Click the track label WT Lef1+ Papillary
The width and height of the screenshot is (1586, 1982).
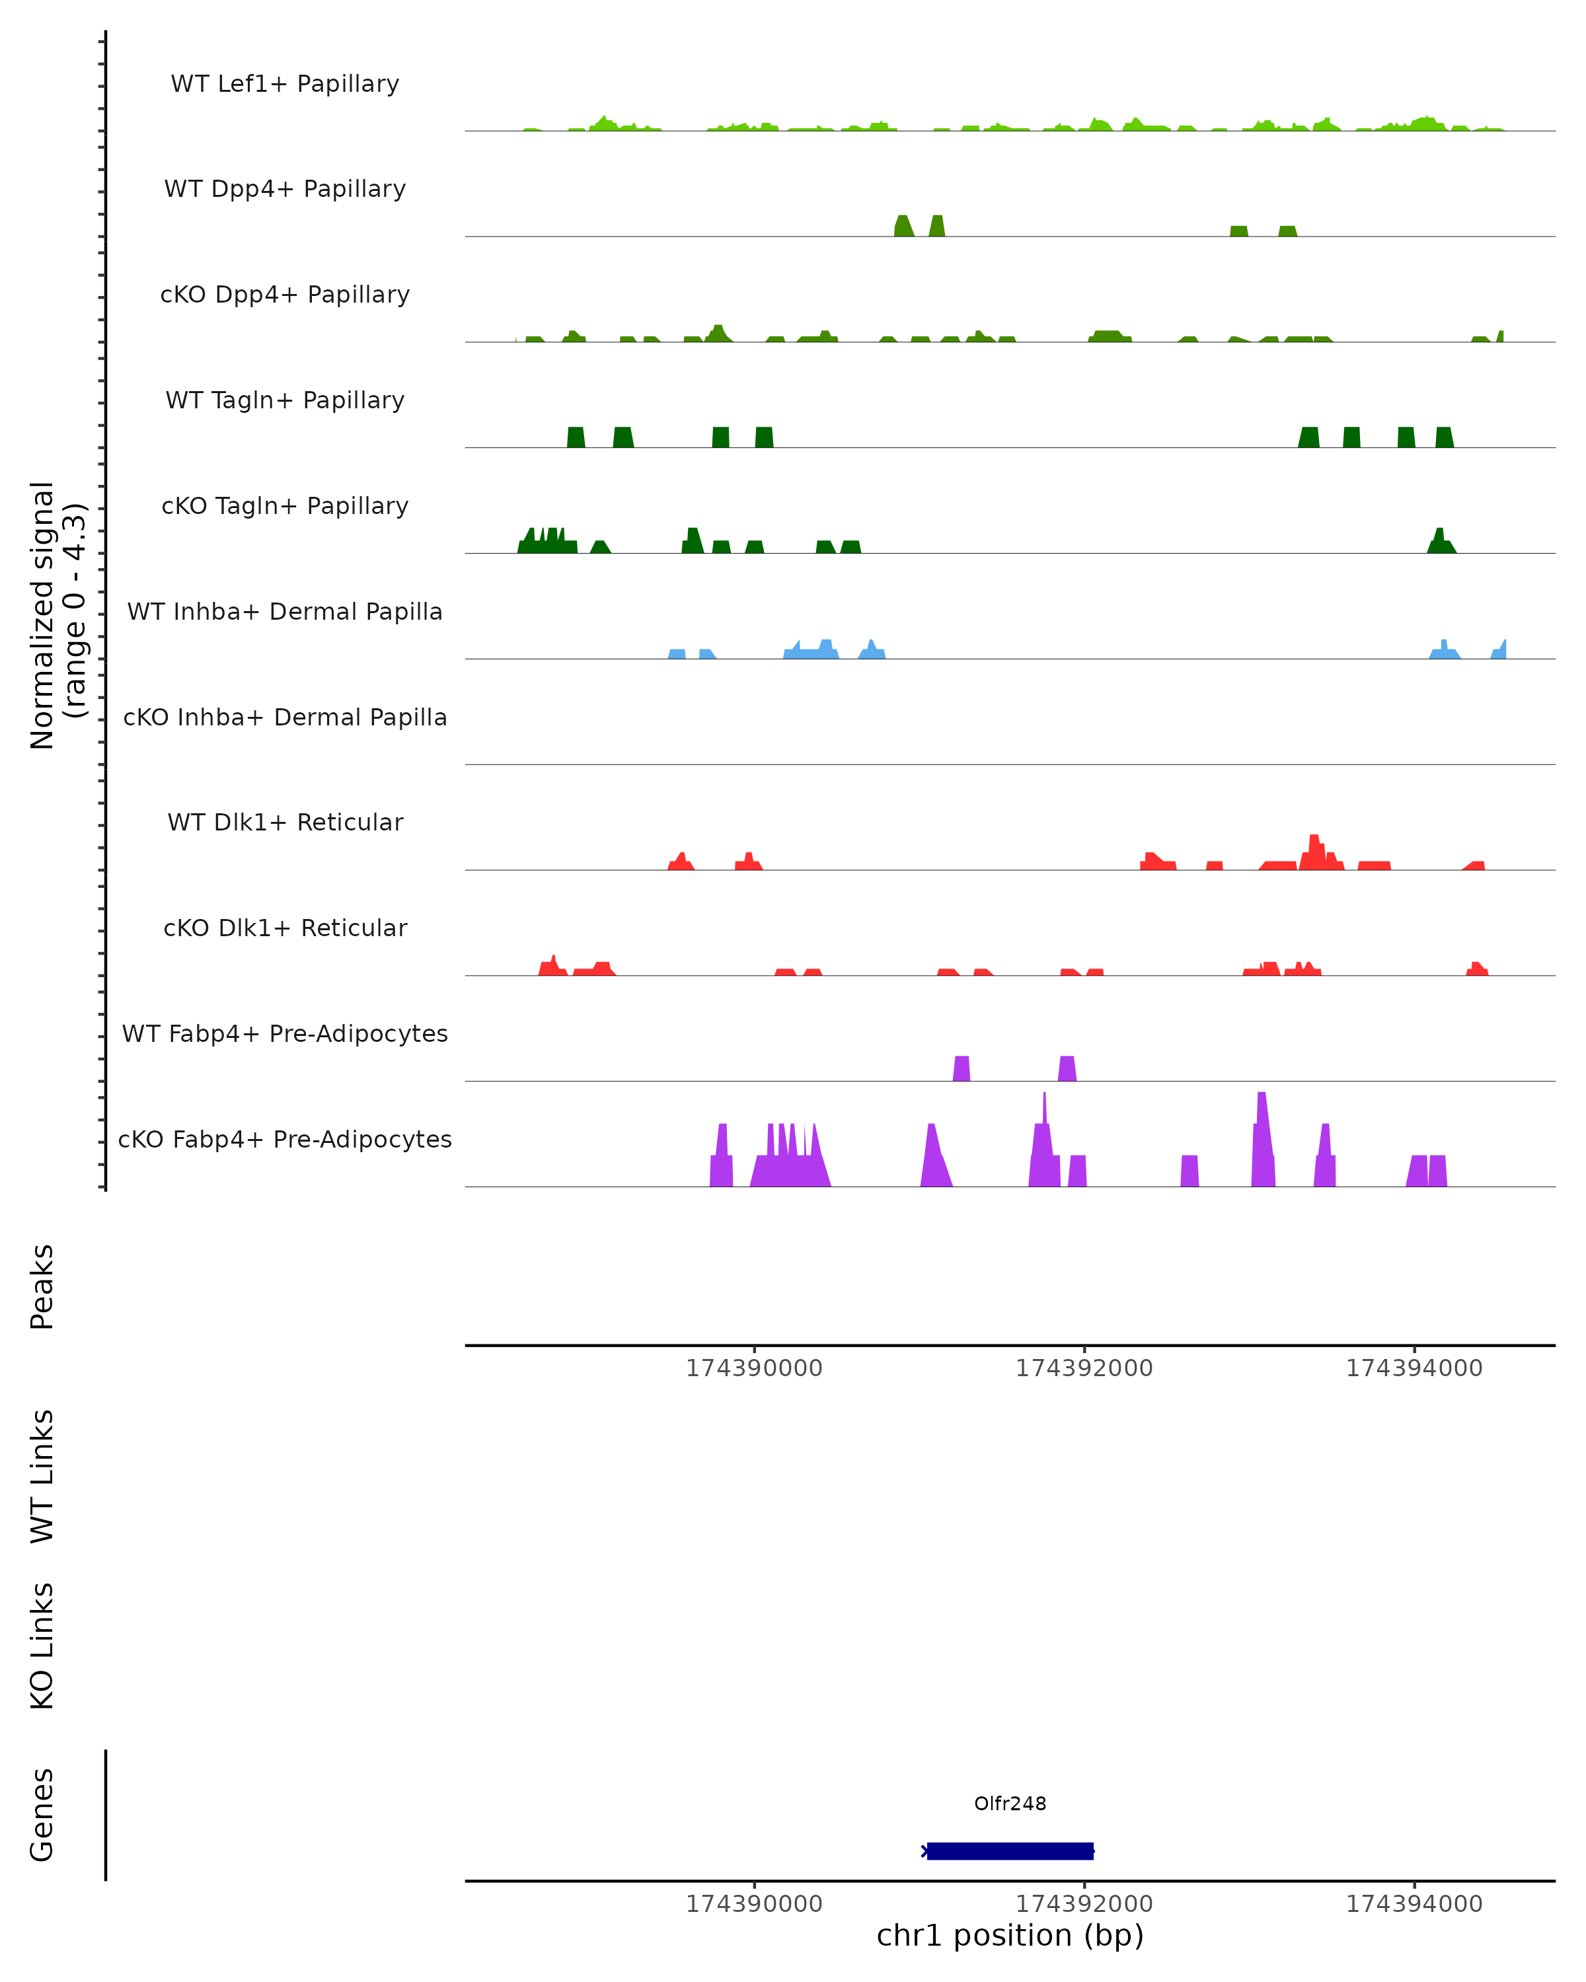[285, 84]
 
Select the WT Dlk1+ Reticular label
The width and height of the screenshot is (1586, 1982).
[285, 822]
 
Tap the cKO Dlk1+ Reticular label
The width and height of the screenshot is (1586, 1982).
[285, 928]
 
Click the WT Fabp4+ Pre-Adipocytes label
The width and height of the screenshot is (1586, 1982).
[285, 1033]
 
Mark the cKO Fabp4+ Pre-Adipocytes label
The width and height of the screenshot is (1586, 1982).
[285, 1139]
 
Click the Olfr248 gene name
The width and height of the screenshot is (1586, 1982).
[1010, 1804]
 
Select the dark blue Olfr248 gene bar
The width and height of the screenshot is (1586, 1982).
[1010, 1851]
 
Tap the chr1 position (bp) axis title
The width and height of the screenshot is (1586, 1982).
[1010, 1936]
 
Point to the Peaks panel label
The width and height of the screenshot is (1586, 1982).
[42, 1286]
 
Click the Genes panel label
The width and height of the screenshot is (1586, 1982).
[42, 1815]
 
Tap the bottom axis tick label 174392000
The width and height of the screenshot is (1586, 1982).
[1084, 1904]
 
